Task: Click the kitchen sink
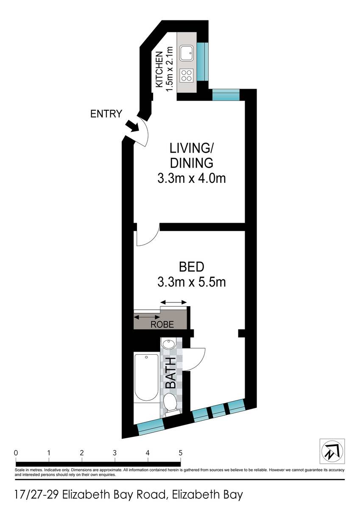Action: pos(187,53)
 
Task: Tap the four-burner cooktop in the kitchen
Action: pos(187,75)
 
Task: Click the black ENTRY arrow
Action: pos(133,126)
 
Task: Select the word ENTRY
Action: pos(106,114)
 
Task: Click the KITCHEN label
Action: pos(159,69)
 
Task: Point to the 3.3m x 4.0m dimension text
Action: pos(192,179)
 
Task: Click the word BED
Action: pos(192,267)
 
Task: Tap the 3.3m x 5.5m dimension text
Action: pos(192,282)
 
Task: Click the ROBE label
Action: pos(162,324)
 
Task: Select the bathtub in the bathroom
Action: pos(146,378)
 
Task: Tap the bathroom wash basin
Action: pos(168,344)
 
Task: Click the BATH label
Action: pos(171,372)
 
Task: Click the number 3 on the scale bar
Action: pos(115,453)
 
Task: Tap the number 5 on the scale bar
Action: pos(181,453)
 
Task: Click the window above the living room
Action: pos(226,95)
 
